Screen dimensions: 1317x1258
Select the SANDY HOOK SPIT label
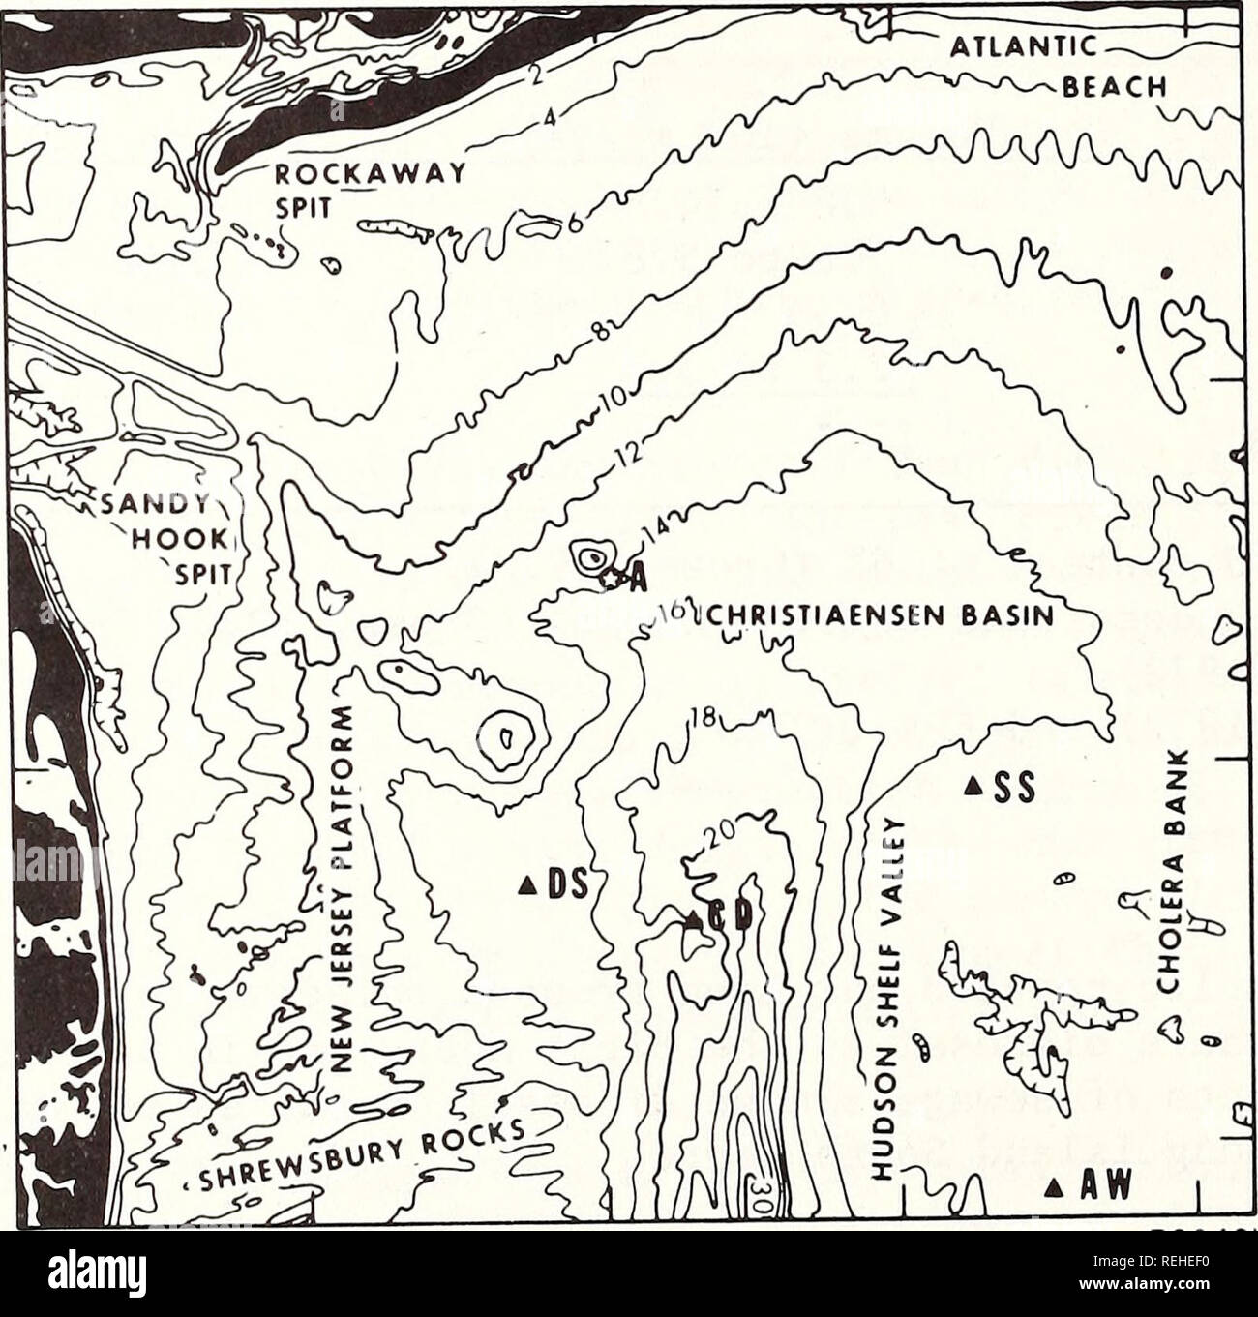point(184,538)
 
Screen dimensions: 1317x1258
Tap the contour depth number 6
point(573,224)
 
